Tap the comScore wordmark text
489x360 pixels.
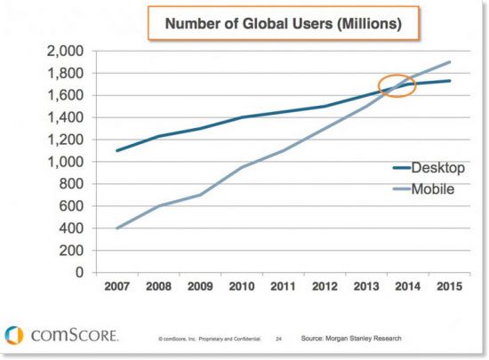73,335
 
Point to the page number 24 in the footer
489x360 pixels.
278,340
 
